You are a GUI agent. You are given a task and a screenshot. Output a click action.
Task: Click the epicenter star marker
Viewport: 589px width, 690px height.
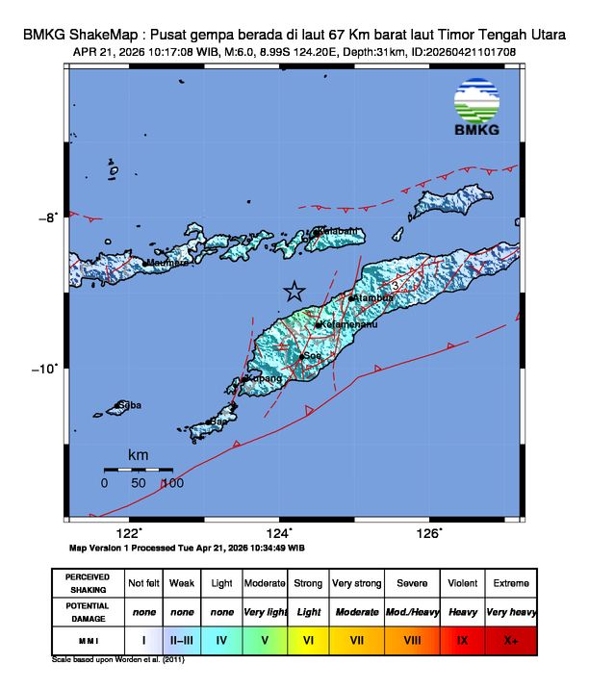294,292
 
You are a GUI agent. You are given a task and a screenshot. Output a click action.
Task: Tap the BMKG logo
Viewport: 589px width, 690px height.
475,110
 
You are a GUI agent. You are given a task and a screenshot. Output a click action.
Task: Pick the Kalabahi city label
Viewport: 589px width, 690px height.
339,231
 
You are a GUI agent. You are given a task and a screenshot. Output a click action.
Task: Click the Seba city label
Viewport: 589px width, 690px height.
130,405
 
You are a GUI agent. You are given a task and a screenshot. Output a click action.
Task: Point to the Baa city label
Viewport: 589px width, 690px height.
219,422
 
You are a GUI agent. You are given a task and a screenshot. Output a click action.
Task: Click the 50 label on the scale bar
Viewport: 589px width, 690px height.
138,483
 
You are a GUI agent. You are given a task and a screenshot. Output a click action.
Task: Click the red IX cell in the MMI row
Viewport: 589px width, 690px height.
462,639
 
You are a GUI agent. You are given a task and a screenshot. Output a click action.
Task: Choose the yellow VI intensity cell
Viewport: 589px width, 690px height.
309,639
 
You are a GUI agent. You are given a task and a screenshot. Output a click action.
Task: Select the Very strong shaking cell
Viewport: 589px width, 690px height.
356,583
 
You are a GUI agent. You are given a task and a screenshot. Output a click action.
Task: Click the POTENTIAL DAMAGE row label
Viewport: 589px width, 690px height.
88,612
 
